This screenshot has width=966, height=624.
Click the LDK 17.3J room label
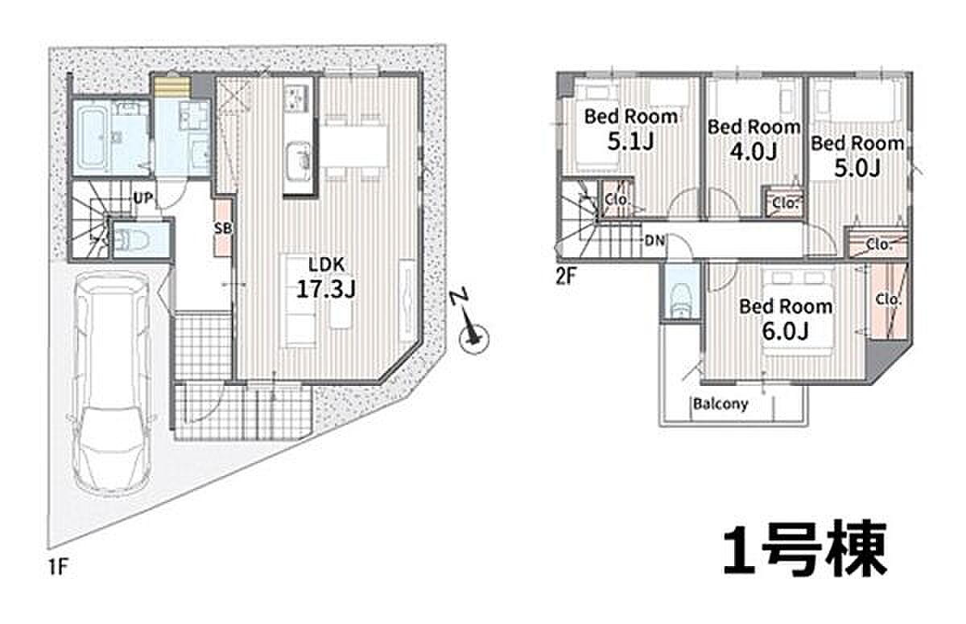pyautogui.click(x=326, y=277)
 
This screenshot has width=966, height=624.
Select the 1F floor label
pyautogui.click(x=59, y=567)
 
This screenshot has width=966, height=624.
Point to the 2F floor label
pyautogui.click(x=566, y=277)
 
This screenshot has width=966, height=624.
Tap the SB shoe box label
pyautogui.click(x=223, y=228)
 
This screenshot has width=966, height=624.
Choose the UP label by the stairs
pyautogui.click(x=142, y=199)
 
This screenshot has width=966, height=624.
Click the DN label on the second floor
pyautogui.click(x=654, y=240)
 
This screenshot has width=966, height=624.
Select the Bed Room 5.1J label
pyautogui.click(x=630, y=129)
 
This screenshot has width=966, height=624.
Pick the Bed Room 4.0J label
pyautogui.click(x=753, y=140)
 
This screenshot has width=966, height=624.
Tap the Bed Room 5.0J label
pyautogui.click(x=857, y=156)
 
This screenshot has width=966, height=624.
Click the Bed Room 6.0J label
pyautogui.click(x=786, y=318)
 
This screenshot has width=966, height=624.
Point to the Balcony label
pyautogui.click(x=720, y=404)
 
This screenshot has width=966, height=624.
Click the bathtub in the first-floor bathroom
pyautogui.click(x=93, y=138)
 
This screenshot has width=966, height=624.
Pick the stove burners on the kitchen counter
pyautogui.click(x=297, y=98)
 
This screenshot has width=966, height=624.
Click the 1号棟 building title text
pyautogui.click(x=805, y=548)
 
